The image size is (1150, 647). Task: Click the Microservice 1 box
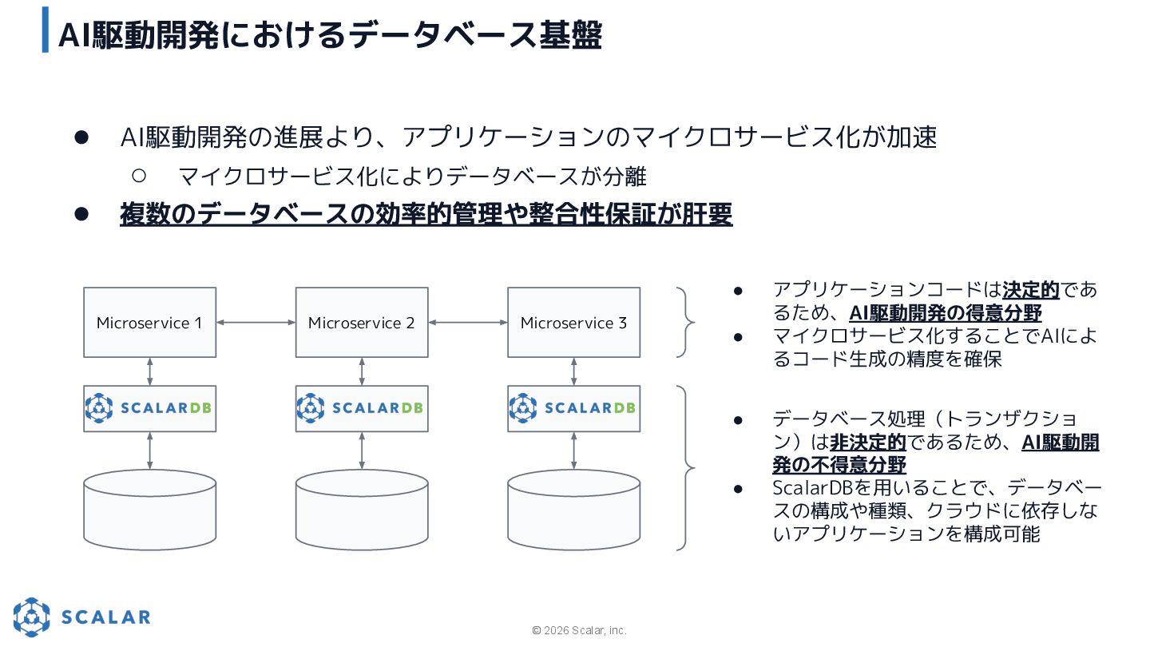[x=149, y=323]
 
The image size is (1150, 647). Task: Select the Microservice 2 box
[x=362, y=323]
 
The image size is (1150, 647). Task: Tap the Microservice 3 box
[x=573, y=323]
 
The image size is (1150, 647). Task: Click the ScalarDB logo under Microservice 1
[x=149, y=408]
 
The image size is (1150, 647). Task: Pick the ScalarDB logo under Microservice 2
[x=362, y=408]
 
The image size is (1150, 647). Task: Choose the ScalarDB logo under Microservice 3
[x=573, y=408]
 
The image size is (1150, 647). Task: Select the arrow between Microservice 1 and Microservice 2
[x=256, y=323]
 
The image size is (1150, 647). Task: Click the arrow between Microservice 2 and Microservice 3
[x=468, y=323]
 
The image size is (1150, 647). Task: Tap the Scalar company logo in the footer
[x=81, y=617]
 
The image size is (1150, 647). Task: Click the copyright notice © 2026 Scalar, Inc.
[x=579, y=630]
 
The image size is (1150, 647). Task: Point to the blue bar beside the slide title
[x=46, y=30]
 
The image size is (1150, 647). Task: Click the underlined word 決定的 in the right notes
[x=1030, y=289]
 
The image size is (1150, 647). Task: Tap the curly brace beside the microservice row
[x=685, y=323]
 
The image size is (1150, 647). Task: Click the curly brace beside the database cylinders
[x=685, y=468]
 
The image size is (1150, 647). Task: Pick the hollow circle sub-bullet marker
[x=138, y=175]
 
